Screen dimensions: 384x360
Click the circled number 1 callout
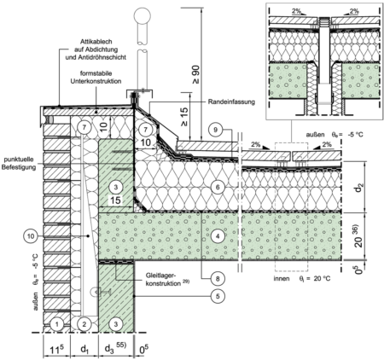pyautogui.click(x=57, y=324)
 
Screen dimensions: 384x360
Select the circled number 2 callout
pyautogui.click(x=84, y=324)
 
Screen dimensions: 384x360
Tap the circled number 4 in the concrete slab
pyautogui.click(x=218, y=235)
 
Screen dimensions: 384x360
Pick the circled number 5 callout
pyautogui.click(x=218, y=296)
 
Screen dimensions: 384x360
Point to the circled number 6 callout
pyautogui.click(x=218, y=187)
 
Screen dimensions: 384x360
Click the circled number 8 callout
pyautogui.click(x=218, y=278)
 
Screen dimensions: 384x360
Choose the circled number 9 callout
pyautogui.click(x=215, y=130)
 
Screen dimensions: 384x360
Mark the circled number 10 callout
pyautogui.click(x=31, y=235)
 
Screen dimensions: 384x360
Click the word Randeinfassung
pyautogui.click(x=231, y=102)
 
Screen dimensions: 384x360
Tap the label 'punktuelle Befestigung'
pyautogui.click(x=19, y=164)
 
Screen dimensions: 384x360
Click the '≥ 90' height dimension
pyautogui.click(x=196, y=75)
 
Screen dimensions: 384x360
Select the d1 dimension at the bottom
pyautogui.click(x=84, y=349)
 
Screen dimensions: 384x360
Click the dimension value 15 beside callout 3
pyautogui.click(x=115, y=200)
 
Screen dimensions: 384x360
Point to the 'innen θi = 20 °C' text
pyautogui.click(x=302, y=278)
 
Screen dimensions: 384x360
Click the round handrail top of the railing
pyautogui.click(x=143, y=15)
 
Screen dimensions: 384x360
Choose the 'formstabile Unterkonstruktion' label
pyautogui.click(x=96, y=77)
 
